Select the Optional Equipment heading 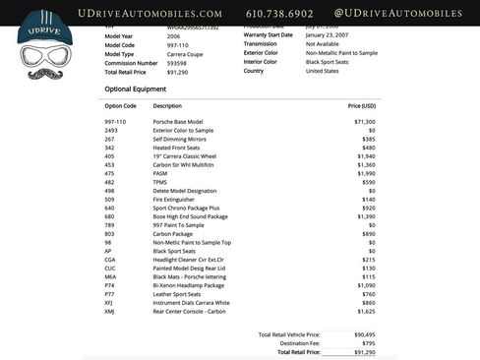[138, 89]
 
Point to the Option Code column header [120, 105]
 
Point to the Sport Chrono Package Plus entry [187, 208]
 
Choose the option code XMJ [110, 311]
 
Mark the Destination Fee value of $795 [367, 343]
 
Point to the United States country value [323, 71]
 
